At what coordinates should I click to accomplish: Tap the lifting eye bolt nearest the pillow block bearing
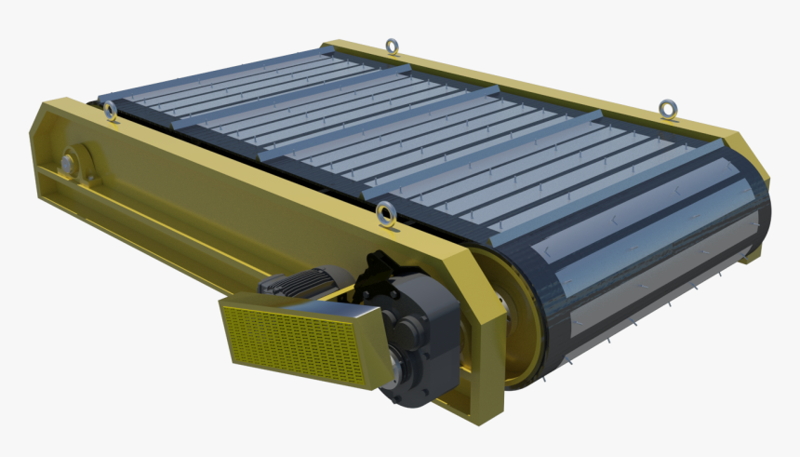[111, 112]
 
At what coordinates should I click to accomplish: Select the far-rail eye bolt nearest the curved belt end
[666, 109]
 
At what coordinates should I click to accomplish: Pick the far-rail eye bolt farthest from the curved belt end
[393, 46]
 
